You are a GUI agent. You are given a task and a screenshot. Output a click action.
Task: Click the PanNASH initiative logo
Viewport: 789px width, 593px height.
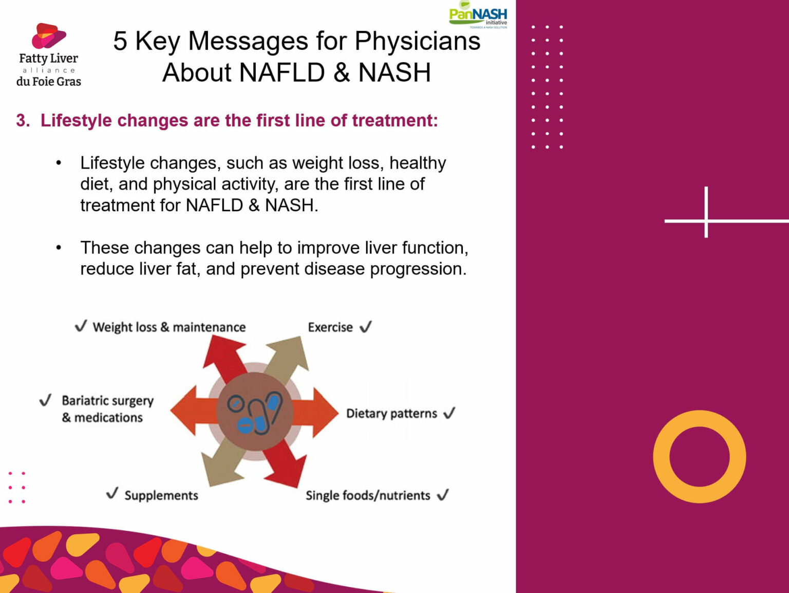[478, 14]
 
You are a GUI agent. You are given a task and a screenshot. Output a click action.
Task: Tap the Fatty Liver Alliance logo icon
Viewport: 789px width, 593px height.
[48, 36]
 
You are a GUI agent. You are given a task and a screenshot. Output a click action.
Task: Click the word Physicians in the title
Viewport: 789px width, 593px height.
[417, 41]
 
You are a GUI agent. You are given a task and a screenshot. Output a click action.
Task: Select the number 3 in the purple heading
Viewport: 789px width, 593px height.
[21, 120]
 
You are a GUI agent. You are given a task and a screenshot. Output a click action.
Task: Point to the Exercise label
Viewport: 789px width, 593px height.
[330, 327]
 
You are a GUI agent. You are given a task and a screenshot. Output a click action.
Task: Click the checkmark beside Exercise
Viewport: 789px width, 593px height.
[366, 327]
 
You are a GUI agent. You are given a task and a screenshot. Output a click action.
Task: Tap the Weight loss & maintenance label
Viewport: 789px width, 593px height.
[169, 327]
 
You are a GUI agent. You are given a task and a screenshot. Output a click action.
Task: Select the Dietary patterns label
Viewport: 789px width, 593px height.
[391, 414]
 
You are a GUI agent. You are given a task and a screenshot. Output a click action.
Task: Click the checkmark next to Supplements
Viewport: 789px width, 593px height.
[112, 494]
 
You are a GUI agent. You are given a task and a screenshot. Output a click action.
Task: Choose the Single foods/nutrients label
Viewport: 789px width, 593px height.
[368, 495]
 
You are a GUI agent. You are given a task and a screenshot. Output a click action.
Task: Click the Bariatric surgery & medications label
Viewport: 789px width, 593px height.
[107, 409]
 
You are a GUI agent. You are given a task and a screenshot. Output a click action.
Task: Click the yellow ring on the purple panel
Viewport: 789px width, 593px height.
[699, 456]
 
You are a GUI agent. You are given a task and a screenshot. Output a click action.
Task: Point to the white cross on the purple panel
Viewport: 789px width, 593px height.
[706, 220]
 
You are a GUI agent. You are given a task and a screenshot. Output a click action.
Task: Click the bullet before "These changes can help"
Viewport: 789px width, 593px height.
[59, 248]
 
